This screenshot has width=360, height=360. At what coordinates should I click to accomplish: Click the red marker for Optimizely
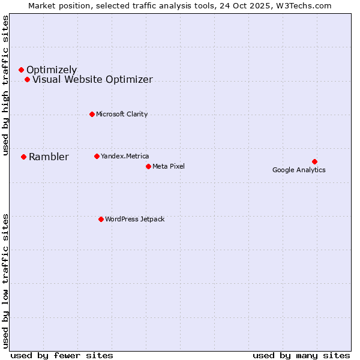[21, 70]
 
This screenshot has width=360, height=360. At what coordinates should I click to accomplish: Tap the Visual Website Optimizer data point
[27, 79]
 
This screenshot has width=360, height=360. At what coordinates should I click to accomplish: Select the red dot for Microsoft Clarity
[92, 114]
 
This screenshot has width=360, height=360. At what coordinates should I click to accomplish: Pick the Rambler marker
[23, 157]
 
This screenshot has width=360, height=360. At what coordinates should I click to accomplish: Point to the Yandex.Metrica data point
[97, 156]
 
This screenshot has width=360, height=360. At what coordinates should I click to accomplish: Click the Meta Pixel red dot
[148, 166]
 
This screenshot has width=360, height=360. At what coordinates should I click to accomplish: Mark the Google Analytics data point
[314, 161]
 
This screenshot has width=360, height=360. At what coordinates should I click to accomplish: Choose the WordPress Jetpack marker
[101, 219]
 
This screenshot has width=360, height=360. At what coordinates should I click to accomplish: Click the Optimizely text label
[52, 70]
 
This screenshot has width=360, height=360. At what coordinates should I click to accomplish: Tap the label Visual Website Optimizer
[92, 79]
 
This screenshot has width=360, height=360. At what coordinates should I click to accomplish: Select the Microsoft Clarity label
[122, 114]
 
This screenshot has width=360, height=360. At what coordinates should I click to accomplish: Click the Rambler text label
[49, 157]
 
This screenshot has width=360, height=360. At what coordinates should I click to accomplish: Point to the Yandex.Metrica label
[125, 156]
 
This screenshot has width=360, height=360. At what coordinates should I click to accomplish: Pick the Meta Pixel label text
[169, 166]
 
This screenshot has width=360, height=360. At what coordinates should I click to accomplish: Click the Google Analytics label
[299, 170]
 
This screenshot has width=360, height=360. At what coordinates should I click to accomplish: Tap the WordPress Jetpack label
[134, 219]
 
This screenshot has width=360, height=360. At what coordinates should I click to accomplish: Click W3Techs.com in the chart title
[301, 6]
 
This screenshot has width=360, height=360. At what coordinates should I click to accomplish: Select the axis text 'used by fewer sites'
[62, 355]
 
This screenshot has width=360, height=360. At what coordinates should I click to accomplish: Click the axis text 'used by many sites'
[301, 355]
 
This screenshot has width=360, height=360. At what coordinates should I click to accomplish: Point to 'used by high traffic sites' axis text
[6, 85]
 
